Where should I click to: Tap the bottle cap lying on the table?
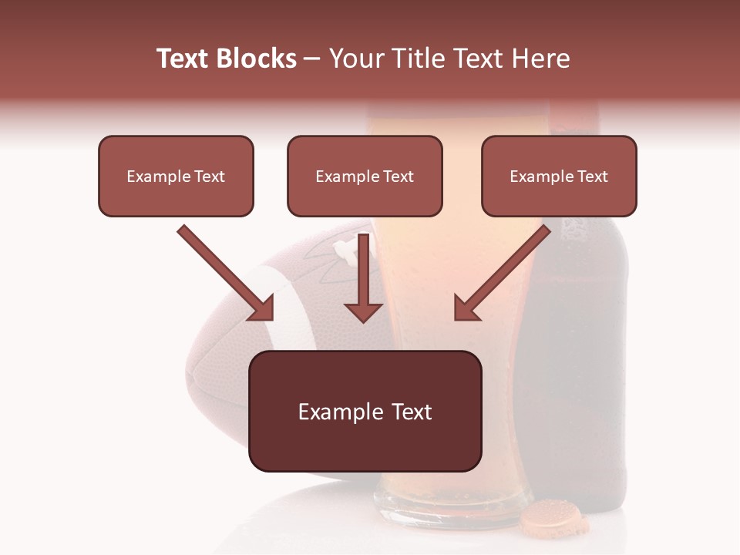tap(553, 517)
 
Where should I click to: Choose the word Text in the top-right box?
tap(592, 177)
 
